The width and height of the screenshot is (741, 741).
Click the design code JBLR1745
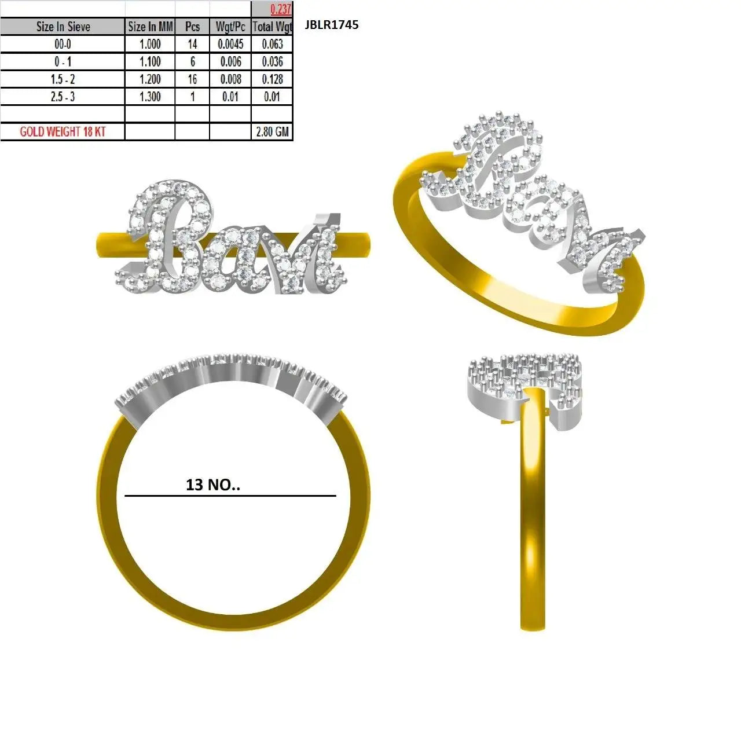pos(332,25)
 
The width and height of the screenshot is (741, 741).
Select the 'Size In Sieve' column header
pos(63,27)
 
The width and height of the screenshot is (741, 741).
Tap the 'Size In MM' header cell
pos(151,27)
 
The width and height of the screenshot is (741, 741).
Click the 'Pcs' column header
pos(192,27)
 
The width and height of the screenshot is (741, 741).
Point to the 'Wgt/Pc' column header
pos(230,27)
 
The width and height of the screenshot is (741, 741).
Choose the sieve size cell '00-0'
pos(63,44)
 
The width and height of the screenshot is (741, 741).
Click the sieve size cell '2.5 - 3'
pos(63,97)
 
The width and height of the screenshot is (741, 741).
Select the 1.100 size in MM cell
pos(150,61)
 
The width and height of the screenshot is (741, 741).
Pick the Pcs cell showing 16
pos(192,79)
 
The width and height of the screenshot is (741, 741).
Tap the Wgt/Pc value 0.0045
pos(230,44)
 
